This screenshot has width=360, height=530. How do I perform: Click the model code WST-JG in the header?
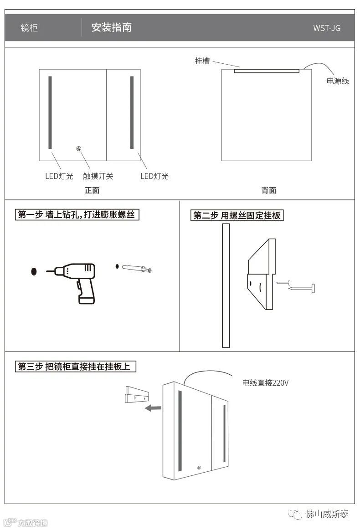coord(326,28)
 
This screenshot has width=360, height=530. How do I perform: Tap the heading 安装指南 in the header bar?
coord(112,28)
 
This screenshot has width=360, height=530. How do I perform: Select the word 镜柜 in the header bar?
coord(29,28)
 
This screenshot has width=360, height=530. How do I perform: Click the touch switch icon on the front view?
coord(79,148)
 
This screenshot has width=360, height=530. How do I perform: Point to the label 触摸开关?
coord(98,176)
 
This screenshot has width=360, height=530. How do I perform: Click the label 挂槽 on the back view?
coord(202,61)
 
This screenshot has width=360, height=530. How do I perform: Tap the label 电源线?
coord(338,81)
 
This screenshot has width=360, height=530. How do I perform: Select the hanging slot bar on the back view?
coord(267,71)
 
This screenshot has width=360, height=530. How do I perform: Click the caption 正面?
coord(92,190)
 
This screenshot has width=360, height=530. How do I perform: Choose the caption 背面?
coord(269,190)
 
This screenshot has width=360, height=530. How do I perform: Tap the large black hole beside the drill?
coord(34,272)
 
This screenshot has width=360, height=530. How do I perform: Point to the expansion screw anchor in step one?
coord(136,268)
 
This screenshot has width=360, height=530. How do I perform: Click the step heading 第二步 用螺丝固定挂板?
coord(237,215)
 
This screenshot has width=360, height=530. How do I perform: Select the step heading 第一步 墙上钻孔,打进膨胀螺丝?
coord(77,214)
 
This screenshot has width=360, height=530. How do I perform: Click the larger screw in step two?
coord(302,288)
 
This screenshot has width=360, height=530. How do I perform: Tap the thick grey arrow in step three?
coord(152,408)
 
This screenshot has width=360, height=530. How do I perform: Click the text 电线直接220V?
coord(265,383)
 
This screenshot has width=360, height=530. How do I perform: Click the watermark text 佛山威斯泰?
coord(327,514)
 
